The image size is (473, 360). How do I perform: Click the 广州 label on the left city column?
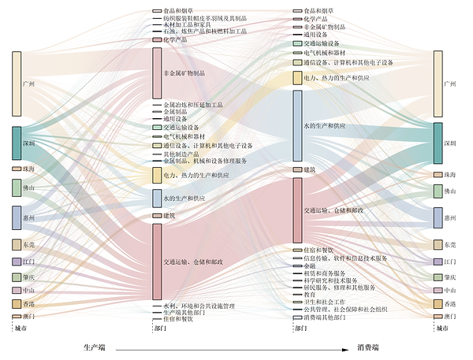[30, 84]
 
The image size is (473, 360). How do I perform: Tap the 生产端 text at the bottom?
[95, 347]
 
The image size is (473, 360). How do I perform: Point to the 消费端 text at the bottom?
[370, 347]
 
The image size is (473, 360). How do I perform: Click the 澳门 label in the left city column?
[29, 317]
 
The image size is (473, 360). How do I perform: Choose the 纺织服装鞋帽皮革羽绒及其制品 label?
[206, 18]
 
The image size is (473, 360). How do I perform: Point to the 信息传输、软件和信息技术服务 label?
[345, 258]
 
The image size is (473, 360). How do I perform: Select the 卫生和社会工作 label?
[325, 302]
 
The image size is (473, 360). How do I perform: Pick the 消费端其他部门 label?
[325, 317]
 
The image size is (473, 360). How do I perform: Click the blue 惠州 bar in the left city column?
[17, 217]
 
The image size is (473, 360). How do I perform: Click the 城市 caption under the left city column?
[23, 328]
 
